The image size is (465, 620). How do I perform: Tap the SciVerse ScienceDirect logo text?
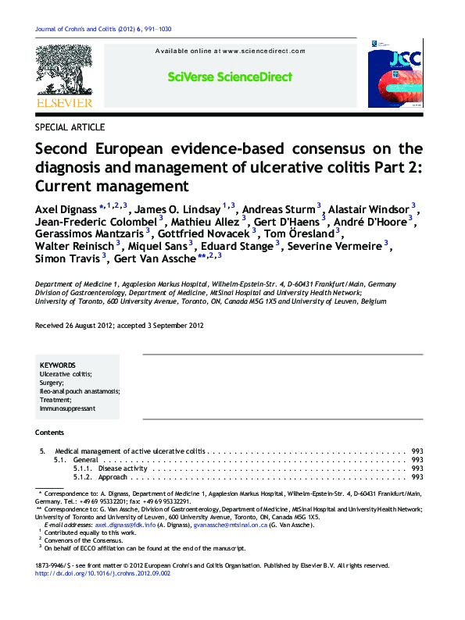tap(230, 77)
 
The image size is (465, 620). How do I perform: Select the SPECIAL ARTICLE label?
tap(70, 126)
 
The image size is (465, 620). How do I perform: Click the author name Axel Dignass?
tap(66, 210)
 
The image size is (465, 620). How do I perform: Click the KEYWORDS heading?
tap(58, 365)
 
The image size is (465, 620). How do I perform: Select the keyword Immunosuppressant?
tap(67, 408)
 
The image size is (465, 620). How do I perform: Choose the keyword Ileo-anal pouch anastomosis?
tap(79, 391)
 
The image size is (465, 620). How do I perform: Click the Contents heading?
tap(50, 432)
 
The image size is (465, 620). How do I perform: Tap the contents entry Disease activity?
tap(123, 469)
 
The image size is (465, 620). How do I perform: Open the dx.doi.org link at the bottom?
tap(102, 573)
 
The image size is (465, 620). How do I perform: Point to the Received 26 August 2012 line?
tap(120, 326)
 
